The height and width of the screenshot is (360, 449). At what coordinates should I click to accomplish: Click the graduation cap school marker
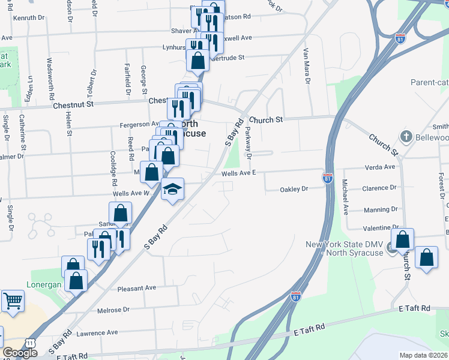pos(173,190)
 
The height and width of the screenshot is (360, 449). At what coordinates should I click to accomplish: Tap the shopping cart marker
pos(13,301)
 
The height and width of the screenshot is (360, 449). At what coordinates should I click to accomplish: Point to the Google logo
pos(19,353)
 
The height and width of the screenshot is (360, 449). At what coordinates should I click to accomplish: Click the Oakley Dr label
pos(294,190)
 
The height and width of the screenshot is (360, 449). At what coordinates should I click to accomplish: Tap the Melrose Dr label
pos(113,310)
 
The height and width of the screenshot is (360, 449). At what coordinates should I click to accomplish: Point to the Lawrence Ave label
pos(97,332)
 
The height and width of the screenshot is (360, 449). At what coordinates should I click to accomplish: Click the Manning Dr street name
pos(381,210)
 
